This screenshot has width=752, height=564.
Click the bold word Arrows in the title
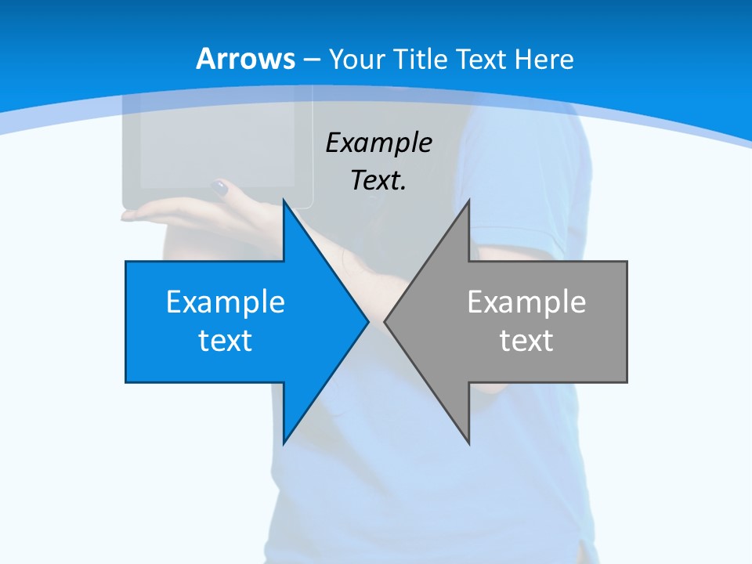coord(246,59)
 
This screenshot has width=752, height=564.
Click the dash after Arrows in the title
coord(312,60)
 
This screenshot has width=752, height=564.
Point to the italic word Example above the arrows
coord(378,143)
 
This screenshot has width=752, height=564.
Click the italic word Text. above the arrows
coord(378,180)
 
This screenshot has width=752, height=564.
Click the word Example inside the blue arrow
coord(226,302)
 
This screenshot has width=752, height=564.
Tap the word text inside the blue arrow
coord(226,340)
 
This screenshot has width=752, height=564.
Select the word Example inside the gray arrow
coord(526,302)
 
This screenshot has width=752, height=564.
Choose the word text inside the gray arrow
coord(526,340)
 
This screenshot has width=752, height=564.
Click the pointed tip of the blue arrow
coord(367,321)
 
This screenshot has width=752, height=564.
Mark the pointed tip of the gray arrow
coord(385,321)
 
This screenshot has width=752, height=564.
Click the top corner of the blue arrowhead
coord(284,201)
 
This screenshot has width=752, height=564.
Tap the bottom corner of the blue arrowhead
coord(284,443)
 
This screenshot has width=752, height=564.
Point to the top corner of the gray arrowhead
coord(468,201)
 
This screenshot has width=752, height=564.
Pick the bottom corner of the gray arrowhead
coord(468,443)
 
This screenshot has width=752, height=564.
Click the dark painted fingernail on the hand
coord(220,187)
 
